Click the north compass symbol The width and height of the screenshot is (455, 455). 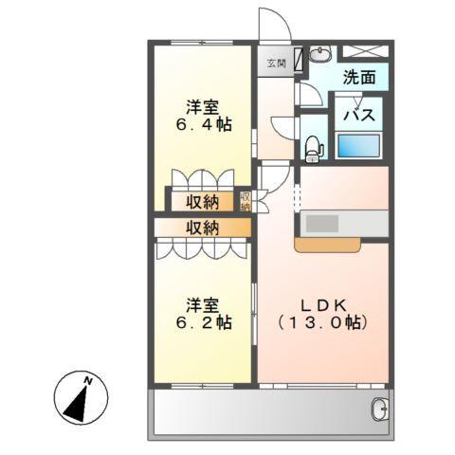click(x=81, y=397)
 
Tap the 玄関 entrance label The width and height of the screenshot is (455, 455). click(x=275, y=64)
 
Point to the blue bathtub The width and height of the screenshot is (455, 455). click(x=359, y=147)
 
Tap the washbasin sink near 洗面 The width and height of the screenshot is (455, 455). click(x=318, y=54)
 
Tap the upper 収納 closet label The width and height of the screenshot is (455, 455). click(x=202, y=201)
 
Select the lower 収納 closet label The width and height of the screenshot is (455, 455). click(x=202, y=227)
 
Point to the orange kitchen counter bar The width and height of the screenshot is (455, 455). click(x=327, y=246)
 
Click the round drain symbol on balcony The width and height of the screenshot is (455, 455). click(x=378, y=409)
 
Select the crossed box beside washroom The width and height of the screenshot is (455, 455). click(x=365, y=53)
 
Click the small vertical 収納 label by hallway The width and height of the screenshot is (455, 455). click(x=246, y=201)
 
